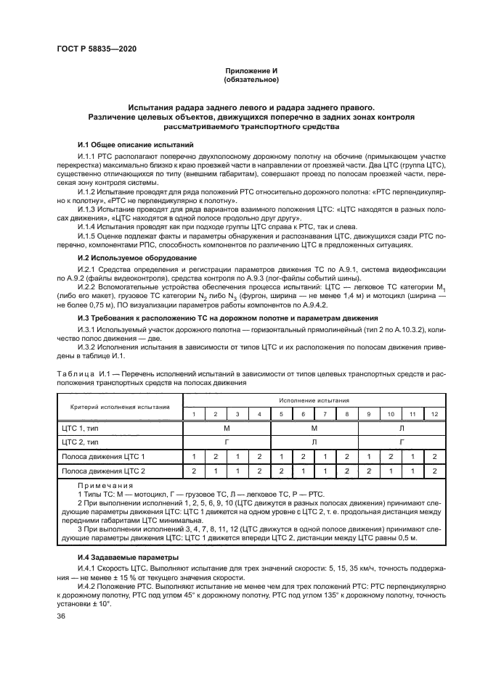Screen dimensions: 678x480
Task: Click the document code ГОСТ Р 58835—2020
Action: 96,49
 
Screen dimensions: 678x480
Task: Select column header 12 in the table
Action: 434,413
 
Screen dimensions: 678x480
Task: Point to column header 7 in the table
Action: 325,413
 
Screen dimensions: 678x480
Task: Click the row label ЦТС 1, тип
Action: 81,428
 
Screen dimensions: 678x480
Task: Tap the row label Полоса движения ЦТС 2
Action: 103,471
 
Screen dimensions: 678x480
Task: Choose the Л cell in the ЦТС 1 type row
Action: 401,428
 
